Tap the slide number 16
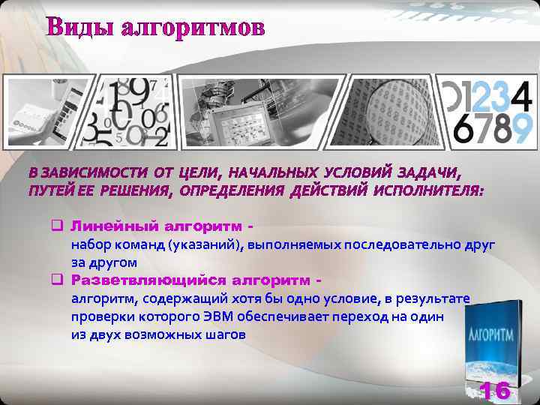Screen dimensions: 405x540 495,390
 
